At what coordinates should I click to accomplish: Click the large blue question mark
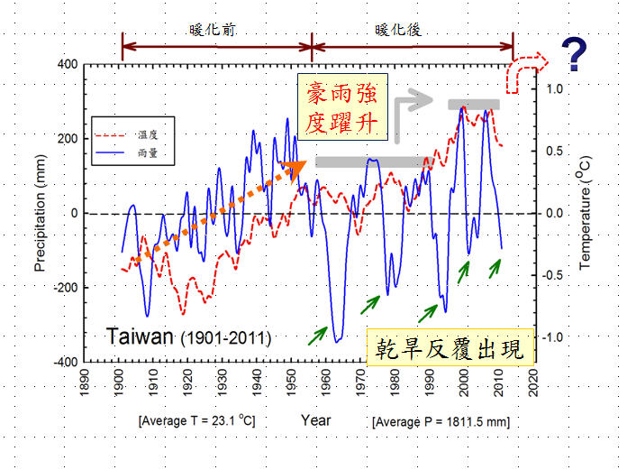point(573,56)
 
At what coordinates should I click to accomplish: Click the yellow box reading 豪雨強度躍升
point(346,109)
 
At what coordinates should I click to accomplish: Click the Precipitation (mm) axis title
point(40,213)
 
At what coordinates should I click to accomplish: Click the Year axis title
point(315,420)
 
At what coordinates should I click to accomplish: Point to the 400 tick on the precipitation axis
point(68,65)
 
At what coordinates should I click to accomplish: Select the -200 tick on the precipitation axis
point(65,288)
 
